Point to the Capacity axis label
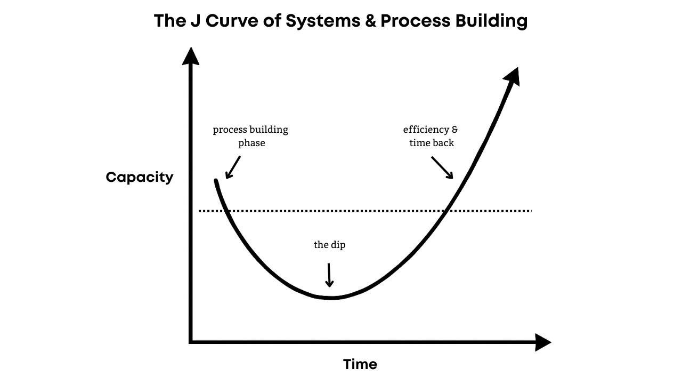(x=139, y=177)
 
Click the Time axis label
(x=360, y=364)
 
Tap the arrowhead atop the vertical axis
(x=190, y=55)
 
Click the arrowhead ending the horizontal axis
(x=542, y=342)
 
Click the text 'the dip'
(x=329, y=245)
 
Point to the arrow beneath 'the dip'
(x=329, y=275)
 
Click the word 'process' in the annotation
(x=232, y=130)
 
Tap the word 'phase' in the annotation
(x=251, y=143)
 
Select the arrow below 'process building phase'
(x=232, y=167)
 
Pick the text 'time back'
(x=431, y=143)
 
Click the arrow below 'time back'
(x=442, y=167)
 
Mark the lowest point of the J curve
(x=331, y=298)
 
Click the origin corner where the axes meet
(x=191, y=342)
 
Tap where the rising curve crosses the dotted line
(x=446, y=211)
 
